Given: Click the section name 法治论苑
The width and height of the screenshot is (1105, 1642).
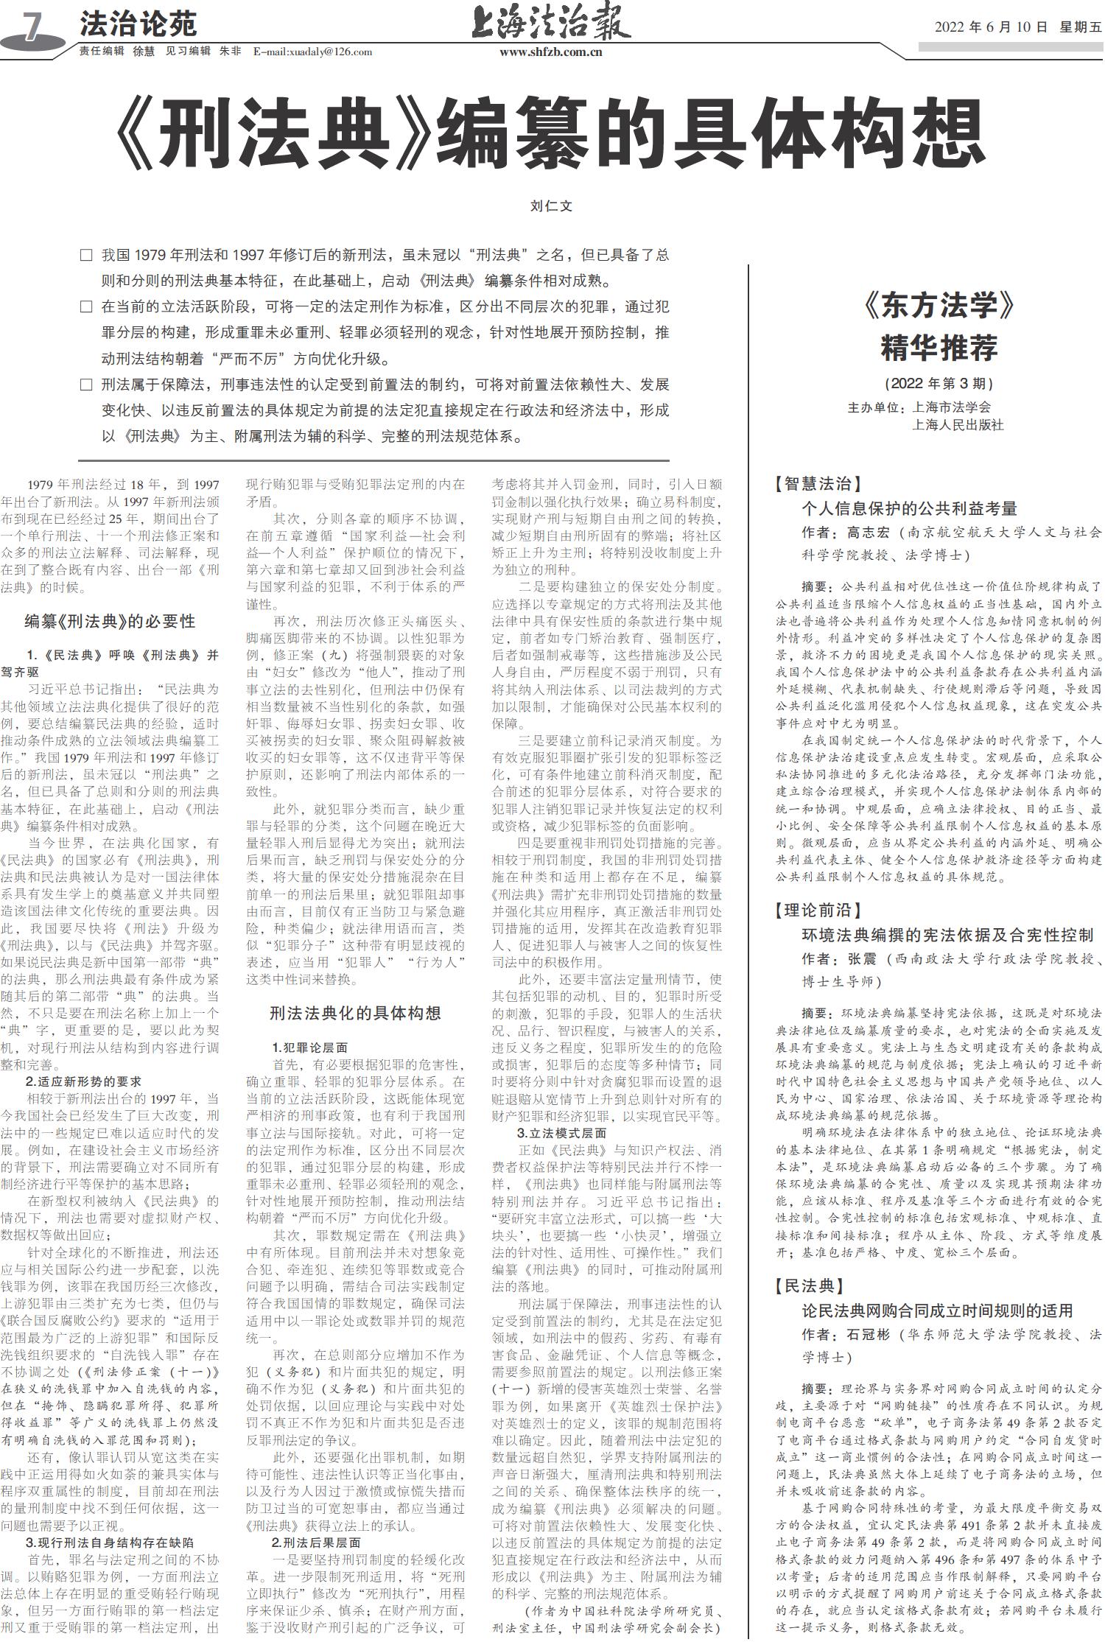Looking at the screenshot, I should point(138,24).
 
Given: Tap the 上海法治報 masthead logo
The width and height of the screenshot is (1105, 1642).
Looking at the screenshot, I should point(551,21).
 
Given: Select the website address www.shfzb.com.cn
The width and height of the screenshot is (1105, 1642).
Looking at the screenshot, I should point(550,52).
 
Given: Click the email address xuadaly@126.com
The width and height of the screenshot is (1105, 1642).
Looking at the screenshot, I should point(312,52).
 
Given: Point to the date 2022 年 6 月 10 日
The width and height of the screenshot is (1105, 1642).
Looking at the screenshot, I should point(991,27).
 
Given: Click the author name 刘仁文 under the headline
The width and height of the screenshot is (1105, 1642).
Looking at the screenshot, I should point(551,206).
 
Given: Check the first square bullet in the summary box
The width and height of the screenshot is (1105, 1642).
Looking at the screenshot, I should point(86,256).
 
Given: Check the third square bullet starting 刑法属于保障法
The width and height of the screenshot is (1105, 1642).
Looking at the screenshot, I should point(86,385).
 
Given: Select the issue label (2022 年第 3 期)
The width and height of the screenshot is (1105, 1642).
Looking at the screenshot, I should point(939,383).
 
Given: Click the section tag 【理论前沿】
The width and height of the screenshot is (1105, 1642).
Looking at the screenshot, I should point(817,911).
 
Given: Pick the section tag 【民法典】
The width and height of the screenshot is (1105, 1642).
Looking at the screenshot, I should point(807,1286).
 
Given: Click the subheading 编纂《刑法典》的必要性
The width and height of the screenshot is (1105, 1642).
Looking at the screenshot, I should point(110,621).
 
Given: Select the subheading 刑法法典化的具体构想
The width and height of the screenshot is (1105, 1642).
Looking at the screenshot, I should point(355,1013).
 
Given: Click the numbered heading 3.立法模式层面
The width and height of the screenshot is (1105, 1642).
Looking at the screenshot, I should point(561,1133).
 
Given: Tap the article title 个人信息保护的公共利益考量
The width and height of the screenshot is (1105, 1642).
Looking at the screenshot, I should point(909,508).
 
